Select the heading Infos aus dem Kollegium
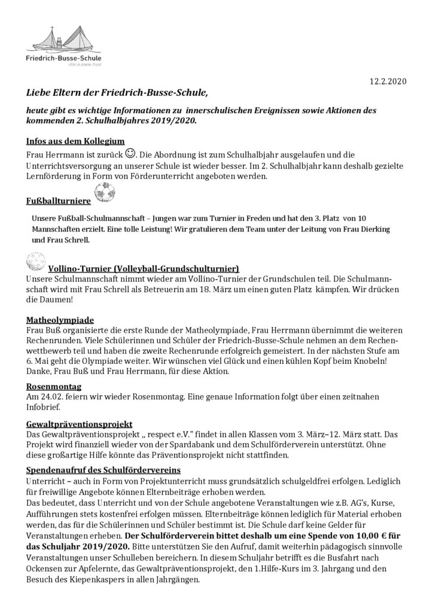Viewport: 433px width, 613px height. [x=75, y=141]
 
